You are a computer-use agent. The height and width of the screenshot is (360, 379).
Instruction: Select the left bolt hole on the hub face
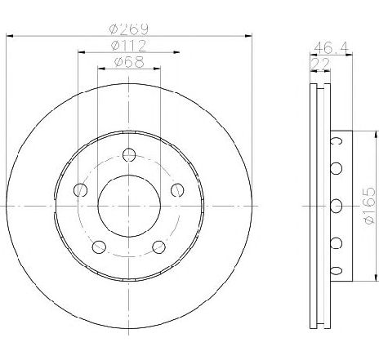click(80, 190)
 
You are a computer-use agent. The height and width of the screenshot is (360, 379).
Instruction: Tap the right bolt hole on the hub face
click(176, 190)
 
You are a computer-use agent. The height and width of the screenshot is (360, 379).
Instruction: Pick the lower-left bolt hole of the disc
click(99, 246)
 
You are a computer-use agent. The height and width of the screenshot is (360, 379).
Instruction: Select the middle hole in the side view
click(334, 205)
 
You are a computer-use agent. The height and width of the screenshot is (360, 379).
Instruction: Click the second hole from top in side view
click(334, 169)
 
